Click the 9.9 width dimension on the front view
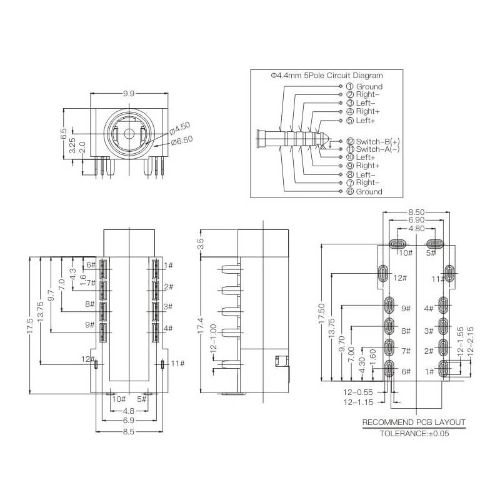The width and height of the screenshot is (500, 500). point(129,94)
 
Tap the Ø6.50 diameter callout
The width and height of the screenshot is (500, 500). point(182,141)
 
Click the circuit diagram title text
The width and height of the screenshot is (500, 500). point(327,76)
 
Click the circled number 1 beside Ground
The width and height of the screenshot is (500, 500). point(350,86)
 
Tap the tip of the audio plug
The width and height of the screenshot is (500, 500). point(329,139)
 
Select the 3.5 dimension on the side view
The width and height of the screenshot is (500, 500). point(201,244)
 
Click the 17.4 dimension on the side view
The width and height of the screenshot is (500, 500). point(201,326)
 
